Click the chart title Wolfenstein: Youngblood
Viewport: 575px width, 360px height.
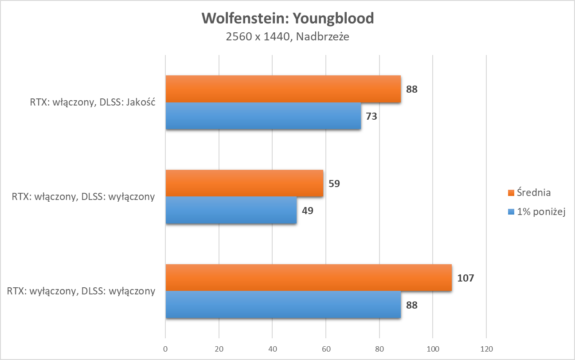pyautogui.click(x=287, y=19)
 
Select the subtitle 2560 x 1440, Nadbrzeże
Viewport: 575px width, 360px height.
pyautogui.click(x=287, y=37)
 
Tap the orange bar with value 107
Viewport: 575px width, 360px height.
pyautogui.click(x=309, y=278)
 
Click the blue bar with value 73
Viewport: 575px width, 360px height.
pyautogui.click(x=263, y=116)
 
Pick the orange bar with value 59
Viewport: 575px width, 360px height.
pyautogui.click(x=244, y=183)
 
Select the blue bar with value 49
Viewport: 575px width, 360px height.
pyautogui.click(x=231, y=210)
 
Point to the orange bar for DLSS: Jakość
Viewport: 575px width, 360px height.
pyautogui.click(x=283, y=89)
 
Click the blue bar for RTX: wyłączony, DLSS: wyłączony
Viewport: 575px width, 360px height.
pyautogui.click(x=283, y=305)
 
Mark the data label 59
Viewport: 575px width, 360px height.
pyautogui.click(x=334, y=183)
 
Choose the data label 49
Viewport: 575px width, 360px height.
pyautogui.click(x=308, y=210)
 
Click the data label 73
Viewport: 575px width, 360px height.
pyautogui.click(x=372, y=117)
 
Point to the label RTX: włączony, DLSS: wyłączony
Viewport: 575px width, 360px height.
pyautogui.click(x=83, y=197)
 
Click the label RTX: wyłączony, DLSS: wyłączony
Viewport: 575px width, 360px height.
pyautogui.click(x=82, y=291)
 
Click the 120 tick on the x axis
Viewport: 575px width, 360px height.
pyautogui.click(x=486, y=348)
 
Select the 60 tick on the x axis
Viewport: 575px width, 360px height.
pyautogui.click(x=326, y=348)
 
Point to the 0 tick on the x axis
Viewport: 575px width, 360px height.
pyautogui.click(x=165, y=348)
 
